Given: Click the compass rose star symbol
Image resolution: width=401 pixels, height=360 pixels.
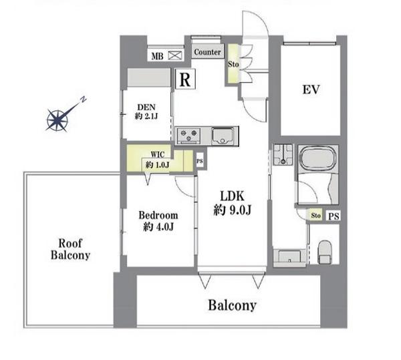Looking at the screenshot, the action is pyautogui.click(x=57, y=121).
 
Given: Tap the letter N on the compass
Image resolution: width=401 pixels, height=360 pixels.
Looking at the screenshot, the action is pyautogui.click(x=83, y=100).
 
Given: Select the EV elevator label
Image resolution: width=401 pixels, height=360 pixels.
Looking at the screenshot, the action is pyautogui.click(x=311, y=89).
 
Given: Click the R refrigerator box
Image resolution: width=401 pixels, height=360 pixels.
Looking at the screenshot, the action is pyautogui.click(x=185, y=79).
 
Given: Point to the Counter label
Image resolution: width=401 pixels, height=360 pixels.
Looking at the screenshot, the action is pyautogui.click(x=207, y=52).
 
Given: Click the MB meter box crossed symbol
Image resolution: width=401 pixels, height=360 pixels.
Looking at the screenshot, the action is pyautogui.click(x=175, y=55).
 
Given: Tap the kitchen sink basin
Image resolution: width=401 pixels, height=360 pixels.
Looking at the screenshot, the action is pyautogui.click(x=223, y=136).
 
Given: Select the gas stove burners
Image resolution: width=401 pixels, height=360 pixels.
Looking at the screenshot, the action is pyautogui.click(x=188, y=136).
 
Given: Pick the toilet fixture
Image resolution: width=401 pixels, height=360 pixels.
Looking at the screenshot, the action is pyautogui.click(x=324, y=252).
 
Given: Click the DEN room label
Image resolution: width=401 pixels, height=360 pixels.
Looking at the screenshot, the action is pyautogui.click(x=146, y=112).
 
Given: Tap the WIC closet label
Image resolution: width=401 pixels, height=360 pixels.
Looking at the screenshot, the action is pyautogui.click(x=158, y=160).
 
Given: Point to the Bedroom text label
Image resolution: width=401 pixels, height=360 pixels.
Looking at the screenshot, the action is pyautogui.click(x=158, y=215).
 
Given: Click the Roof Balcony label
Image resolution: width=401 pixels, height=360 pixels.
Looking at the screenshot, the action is pyautogui.click(x=70, y=249).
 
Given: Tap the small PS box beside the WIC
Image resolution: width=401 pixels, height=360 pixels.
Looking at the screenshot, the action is pyautogui.click(x=200, y=161).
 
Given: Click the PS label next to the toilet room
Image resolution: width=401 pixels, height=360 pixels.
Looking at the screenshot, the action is pyautogui.click(x=333, y=216).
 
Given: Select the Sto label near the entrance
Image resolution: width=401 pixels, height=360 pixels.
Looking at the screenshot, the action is pyautogui.click(x=233, y=64).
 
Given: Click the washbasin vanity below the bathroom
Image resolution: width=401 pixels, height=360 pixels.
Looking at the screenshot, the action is pyautogui.click(x=289, y=257).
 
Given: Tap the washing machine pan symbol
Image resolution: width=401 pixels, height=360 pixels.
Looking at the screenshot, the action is pyautogui.click(x=283, y=154).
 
